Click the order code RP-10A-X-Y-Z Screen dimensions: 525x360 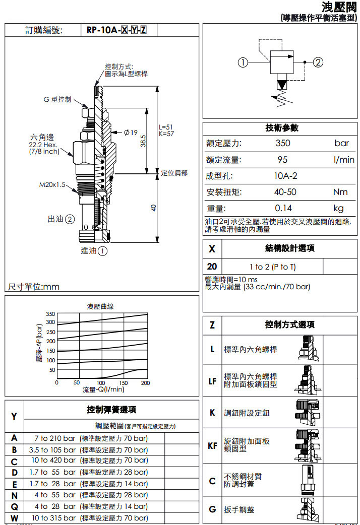point(116,30)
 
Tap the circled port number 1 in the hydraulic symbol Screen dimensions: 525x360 point(244,62)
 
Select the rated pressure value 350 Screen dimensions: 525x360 point(283,143)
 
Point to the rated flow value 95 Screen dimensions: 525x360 point(282,160)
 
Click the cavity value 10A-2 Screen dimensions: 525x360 point(285,176)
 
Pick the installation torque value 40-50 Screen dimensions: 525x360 point(285,192)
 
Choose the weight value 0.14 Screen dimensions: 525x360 point(283,208)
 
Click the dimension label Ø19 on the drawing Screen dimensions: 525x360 point(131,133)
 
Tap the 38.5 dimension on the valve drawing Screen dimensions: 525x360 point(143,140)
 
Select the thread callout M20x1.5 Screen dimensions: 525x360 point(52,185)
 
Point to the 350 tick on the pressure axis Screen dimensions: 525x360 point(50,314)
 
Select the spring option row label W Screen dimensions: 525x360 point(14,518)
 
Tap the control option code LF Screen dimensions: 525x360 point(212,381)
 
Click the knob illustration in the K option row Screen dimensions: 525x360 point(307,412)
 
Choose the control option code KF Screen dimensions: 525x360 point(212,445)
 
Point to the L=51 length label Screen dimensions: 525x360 point(166,127)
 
